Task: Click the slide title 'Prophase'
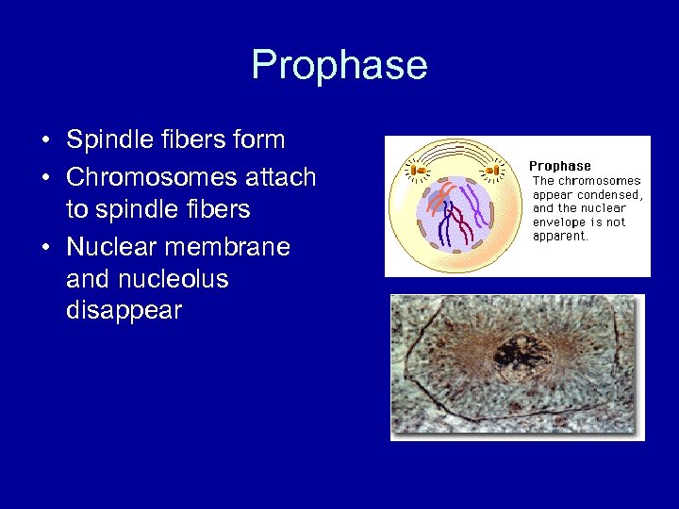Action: coord(339,65)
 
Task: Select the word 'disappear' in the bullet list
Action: coord(124,311)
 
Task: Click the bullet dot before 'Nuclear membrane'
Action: coord(46,248)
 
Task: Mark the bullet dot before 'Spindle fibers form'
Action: coord(46,141)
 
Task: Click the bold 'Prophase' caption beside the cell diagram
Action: coord(559,166)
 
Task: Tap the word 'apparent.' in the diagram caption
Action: coord(560,236)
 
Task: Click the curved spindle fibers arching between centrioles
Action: coord(454,151)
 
